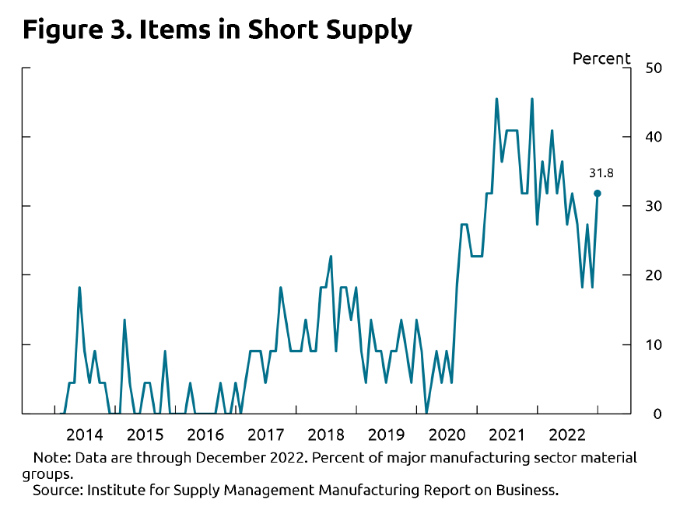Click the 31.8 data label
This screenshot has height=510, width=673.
(x=600, y=173)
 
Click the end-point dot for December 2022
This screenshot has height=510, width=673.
(x=598, y=193)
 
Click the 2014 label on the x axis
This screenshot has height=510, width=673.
(x=85, y=434)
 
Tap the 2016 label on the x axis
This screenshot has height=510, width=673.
(x=205, y=434)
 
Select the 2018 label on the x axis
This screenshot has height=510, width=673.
(x=326, y=434)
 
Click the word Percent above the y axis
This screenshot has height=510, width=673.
(x=601, y=59)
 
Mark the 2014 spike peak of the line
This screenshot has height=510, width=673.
(x=79, y=288)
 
